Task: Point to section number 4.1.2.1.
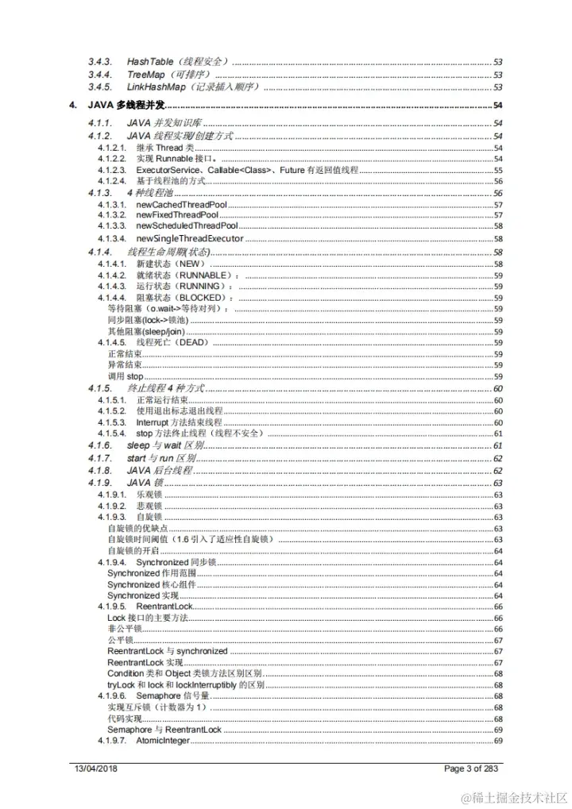point(112,148)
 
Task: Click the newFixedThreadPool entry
point(177,215)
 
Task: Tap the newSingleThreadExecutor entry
point(190,238)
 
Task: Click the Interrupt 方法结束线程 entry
point(179,422)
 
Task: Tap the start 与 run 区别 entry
point(160,459)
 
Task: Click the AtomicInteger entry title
point(163,741)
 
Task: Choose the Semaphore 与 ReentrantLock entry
point(164,730)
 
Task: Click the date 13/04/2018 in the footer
point(96,769)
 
